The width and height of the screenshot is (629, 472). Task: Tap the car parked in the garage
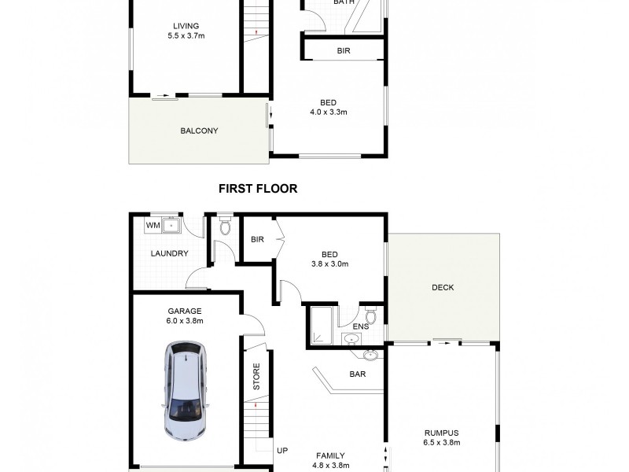pyautogui.click(x=183, y=391)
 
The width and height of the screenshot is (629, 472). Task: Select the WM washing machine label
pyautogui.click(x=153, y=226)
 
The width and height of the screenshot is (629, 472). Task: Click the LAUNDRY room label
pyautogui.click(x=169, y=253)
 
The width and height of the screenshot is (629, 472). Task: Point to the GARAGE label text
pyautogui.click(x=184, y=310)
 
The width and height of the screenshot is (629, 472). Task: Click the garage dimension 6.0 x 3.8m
pyautogui.click(x=184, y=321)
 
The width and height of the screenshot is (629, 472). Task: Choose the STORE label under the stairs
pyautogui.click(x=256, y=376)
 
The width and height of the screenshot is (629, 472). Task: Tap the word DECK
pyautogui.click(x=443, y=287)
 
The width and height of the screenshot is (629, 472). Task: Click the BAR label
pyautogui.click(x=357, y=374)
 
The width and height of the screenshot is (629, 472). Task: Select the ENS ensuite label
pyautogui.click(x=360, y=326)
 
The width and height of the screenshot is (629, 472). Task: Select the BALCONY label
pyautogui.click(x=198, y=131)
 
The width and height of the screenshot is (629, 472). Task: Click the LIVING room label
pyautogui.click(x=186, y=25)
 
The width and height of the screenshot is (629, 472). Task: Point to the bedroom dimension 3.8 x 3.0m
pyautogui.click(x=329, y=264)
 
